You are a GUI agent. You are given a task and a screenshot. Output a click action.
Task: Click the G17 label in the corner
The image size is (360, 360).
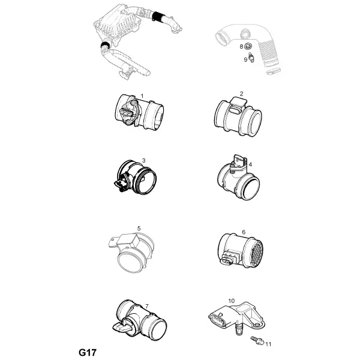(x=88, y=352)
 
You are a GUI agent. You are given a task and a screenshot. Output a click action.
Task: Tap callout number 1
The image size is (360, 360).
(x=142, y=96)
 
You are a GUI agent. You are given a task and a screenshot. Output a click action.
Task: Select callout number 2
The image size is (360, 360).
(x=241, y=94)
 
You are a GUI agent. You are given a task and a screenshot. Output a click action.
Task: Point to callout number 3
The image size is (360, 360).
(x=144, y=160)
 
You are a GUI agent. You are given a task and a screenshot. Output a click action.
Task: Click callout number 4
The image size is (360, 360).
(x=250, y=164)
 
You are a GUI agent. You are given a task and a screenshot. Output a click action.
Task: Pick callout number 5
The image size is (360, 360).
(x=139, y=229)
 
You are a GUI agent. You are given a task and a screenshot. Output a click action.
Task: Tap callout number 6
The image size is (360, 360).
(x=244, y=232)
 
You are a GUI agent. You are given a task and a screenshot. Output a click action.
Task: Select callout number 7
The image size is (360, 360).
(x=147, y=306)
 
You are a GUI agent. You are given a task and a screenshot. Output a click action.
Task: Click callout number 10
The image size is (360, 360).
(x=232, y=301)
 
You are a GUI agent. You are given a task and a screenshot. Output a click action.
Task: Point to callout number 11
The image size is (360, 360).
(x=268, y=344)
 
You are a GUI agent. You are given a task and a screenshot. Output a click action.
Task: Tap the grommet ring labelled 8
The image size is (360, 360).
(x=248, y=46)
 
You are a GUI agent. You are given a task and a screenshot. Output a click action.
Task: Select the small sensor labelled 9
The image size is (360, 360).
(x=251, y=57)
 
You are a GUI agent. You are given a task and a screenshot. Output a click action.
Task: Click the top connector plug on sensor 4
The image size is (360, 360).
(x=238, y=162)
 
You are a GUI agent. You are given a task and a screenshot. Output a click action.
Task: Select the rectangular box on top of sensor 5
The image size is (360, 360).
(x=128, y=240)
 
